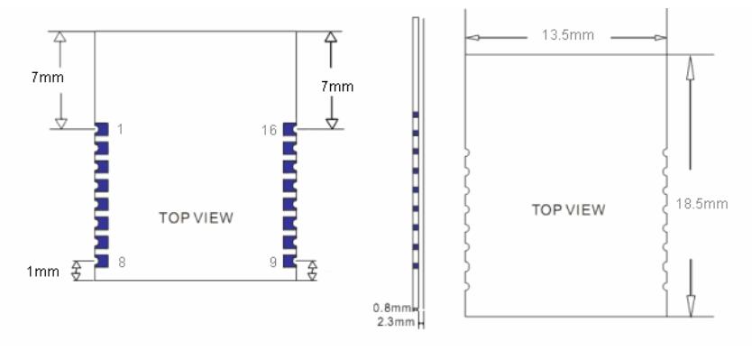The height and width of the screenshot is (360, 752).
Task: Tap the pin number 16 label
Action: coord(268,130)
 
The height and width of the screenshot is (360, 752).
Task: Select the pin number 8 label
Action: coord(121,263)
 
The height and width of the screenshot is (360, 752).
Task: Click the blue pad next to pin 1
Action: coord(102,129)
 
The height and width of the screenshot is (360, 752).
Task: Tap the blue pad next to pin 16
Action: coord(289,129)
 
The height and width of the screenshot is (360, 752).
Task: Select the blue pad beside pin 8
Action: coord(102,262)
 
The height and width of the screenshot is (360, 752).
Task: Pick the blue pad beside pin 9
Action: coord(289,262)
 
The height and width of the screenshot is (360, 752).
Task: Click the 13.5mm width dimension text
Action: coord(566,37)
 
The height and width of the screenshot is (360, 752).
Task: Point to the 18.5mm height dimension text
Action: coord(701,204)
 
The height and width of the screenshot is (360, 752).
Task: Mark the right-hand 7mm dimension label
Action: coord(337,87)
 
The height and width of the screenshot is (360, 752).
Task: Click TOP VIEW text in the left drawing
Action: coord(196,217)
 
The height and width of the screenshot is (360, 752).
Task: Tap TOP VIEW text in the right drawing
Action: coord(568,210)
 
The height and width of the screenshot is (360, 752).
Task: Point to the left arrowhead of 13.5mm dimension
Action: coord(472,37)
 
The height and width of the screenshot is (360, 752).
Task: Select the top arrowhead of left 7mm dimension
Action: coord(60,39)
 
